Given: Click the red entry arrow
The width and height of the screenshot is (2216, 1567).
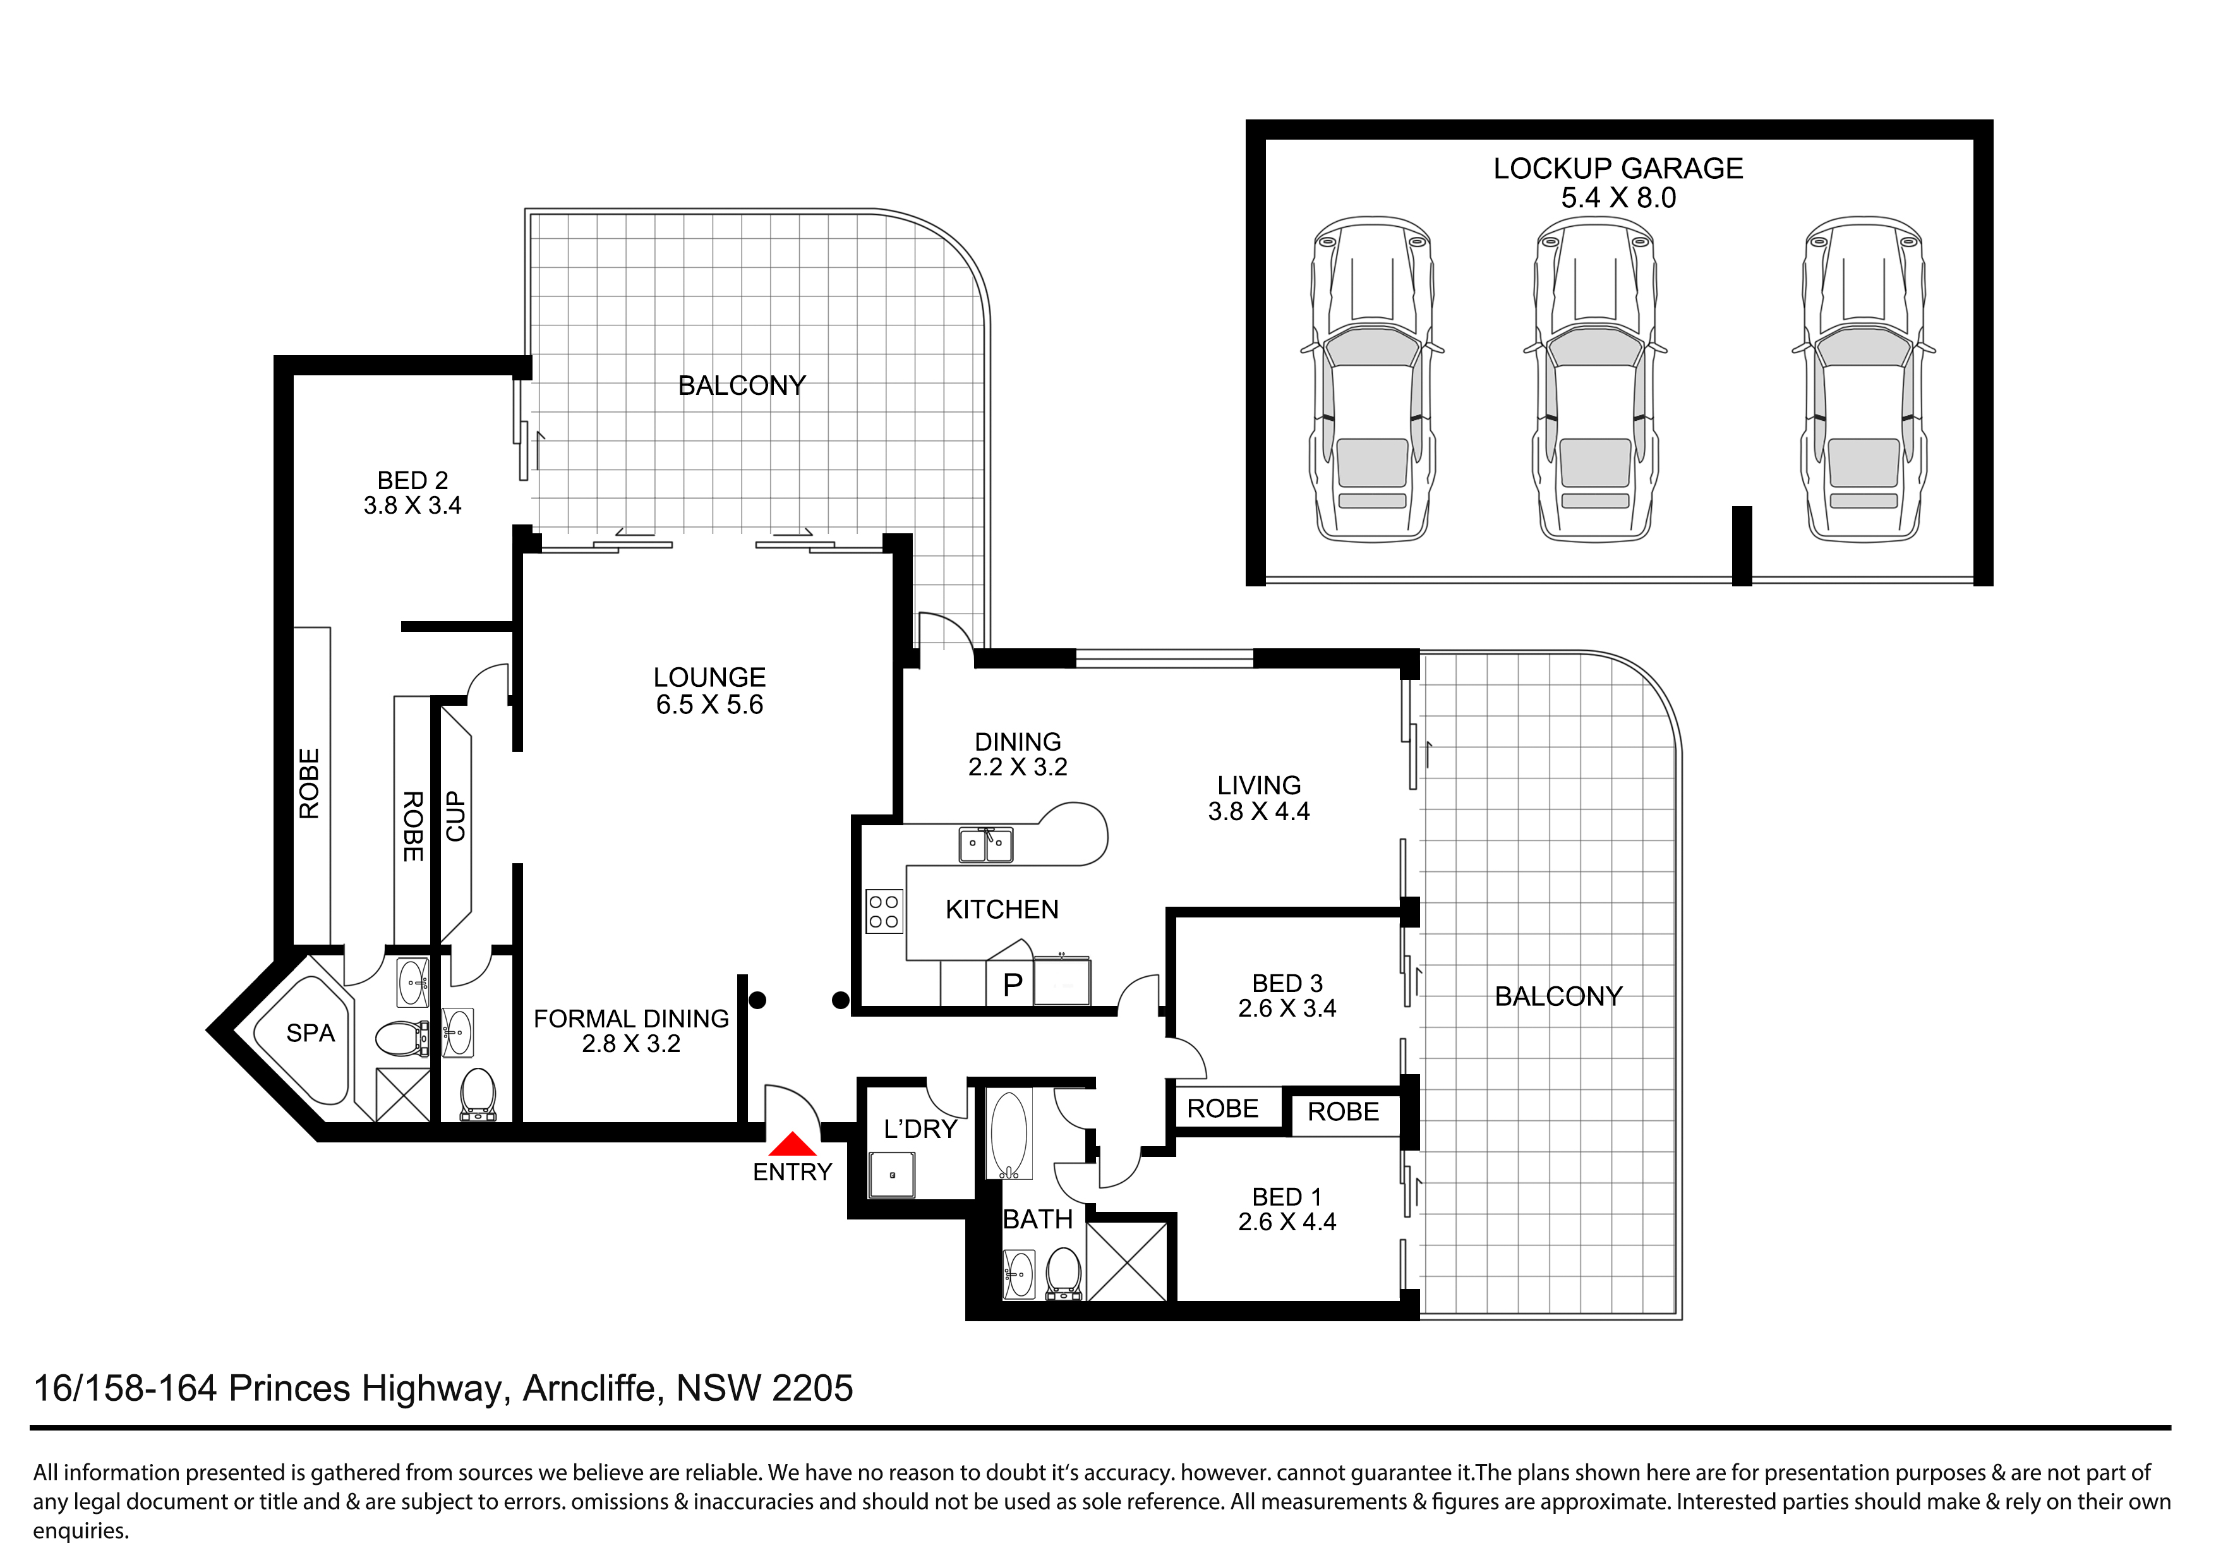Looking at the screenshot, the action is [x=793, y=1144].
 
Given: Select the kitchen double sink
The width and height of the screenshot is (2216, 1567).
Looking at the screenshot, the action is [x=985, y=845].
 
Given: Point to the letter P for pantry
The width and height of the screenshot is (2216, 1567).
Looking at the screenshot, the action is [x=1013, y=985].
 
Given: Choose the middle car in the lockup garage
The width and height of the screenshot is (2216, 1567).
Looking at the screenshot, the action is [x=1596, y=378].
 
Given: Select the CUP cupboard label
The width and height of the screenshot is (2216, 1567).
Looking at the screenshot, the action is [x=455, y=817].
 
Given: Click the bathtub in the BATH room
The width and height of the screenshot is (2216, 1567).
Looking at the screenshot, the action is [x=1009, y=1134].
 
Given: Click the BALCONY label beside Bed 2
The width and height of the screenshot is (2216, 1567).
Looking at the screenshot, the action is [x=741, y=385].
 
